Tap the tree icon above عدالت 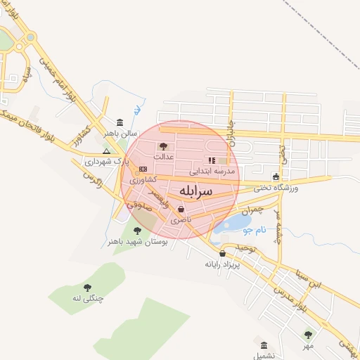tap(164, 146)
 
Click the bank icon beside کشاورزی tap(143, 169)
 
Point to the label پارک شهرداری tap(103, 161)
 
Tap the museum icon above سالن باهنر tap(120, 122)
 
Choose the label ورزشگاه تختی tap(275, 188)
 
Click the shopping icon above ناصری tap(181, 210)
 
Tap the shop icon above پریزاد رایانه tap(223, 254)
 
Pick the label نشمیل tap(262, 356)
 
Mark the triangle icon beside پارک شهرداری tap(106, 150)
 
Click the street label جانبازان tap(228, 127)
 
